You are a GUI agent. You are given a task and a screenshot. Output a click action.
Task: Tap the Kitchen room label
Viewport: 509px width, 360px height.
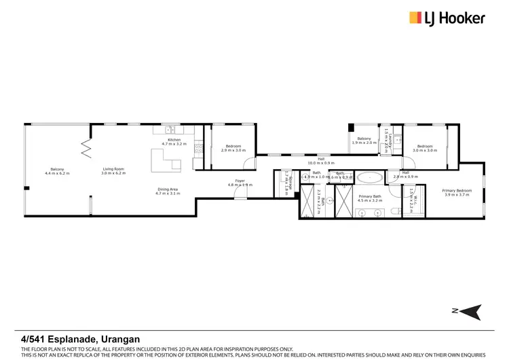coord(174,139)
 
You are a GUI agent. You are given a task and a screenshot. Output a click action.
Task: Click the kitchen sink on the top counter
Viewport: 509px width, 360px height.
coord(170,129)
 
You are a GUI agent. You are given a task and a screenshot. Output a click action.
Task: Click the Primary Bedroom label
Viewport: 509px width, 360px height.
coord(457,190)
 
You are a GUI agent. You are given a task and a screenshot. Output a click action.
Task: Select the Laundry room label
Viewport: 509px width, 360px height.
coord(387,140)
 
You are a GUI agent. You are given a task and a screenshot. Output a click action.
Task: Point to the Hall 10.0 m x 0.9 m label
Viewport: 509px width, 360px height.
coord(316,160)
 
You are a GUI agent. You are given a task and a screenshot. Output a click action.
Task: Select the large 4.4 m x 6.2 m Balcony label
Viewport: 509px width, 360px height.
coord(57,171)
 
